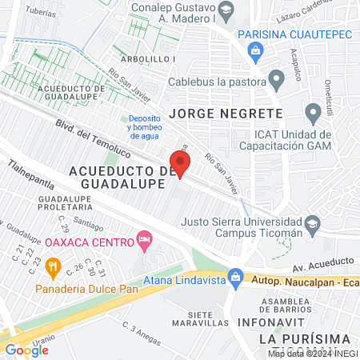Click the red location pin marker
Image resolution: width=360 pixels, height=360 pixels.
click(x=180, y=164)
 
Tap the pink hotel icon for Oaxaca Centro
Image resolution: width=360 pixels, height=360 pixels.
click(x=145, y=239)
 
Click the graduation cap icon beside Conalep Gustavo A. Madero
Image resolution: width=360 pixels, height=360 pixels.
click(x=227, y=10)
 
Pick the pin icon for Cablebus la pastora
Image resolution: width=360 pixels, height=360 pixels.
click(x=277, y=80)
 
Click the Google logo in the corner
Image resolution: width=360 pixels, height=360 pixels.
click(x=27, y=350)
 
